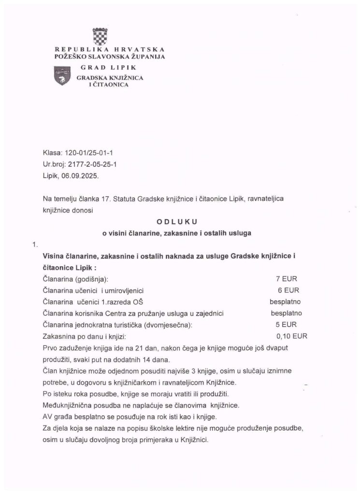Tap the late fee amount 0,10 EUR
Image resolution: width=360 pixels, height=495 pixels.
coord(291,336)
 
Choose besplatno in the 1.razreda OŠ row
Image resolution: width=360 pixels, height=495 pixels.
coord(286,302)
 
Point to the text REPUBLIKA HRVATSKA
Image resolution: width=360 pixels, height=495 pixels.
coord(110,49)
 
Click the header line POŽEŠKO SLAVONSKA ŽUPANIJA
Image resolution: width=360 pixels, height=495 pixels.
coord(110,57)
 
